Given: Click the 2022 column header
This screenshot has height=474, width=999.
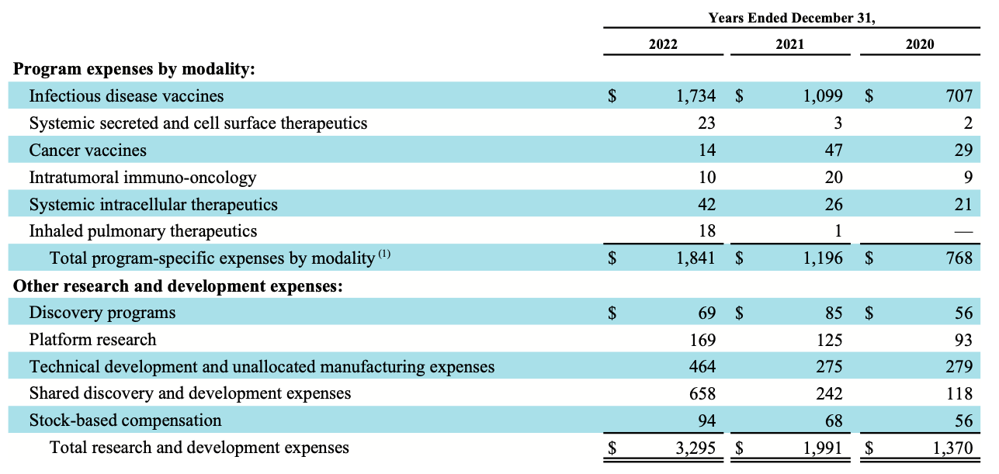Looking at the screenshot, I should (x=663, y=44).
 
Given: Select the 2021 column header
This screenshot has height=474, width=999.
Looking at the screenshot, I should (x=790, y=44).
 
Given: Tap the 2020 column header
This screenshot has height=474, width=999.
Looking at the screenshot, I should (x=920, y=44).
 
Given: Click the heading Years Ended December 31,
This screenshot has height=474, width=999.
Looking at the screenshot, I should (x=791, y=18).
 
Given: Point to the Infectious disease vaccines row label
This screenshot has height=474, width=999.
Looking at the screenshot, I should (x=126, y=96).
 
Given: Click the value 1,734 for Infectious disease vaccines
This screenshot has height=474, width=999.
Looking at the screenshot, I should (x=695, y=96).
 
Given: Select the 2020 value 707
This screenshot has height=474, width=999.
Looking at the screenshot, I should (x=959, y=96).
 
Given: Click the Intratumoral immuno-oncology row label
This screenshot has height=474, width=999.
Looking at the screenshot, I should (x=142, y=178).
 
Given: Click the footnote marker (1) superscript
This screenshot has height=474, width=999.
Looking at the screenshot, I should (x=384, y=254).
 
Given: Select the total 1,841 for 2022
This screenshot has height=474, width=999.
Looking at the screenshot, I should (x=695, y=258).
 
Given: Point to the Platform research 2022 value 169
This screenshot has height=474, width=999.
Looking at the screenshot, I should (x=702, y=340).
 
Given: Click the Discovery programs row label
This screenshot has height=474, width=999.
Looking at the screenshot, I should (x=102, y=313).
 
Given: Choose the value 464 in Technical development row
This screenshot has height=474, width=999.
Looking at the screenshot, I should (x=702, y=367).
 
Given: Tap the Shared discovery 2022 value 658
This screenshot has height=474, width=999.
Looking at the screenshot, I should (x=702, y=393).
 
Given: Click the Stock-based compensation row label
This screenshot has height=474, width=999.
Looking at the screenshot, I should (x=125, y=420).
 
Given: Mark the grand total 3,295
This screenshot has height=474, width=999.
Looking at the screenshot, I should (x=695, y=448).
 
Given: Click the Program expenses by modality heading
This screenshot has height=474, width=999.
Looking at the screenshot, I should (x=134, y=69).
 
